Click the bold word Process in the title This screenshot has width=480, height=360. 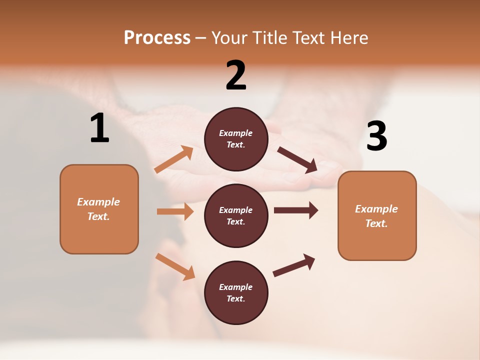(x=157, y=38)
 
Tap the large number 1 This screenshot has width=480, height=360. (x=99, y=128)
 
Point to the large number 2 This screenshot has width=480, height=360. (x=236, y=75)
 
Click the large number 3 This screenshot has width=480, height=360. (x=376, y=136)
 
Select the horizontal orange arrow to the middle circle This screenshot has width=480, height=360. (x=175, y=211)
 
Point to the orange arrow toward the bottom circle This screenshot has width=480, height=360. (x=175, y=266)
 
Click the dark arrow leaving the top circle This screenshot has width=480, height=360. (x=297, y=160)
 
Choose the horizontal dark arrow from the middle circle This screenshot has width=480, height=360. (x=295, y=210)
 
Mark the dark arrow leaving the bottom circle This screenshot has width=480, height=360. (x=294, y=265)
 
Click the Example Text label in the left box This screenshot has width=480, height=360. (x=98, y=209)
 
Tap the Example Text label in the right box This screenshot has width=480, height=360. (x=376, y=216)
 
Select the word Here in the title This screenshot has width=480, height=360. (x=349, y=38)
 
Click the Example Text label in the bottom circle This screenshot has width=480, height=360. (x=236, y=293)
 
